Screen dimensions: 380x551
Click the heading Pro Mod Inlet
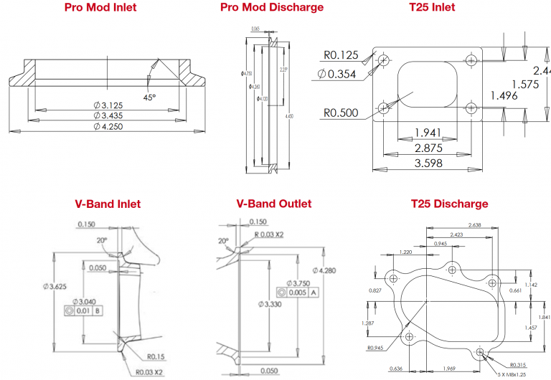(x=100, y=8)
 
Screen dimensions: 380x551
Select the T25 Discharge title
(x=449, y=204)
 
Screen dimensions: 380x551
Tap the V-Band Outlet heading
(x=274, y=204)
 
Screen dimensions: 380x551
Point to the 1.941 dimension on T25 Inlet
(x=428, y=133)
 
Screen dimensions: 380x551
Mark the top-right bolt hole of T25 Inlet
(x=471, y=60)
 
